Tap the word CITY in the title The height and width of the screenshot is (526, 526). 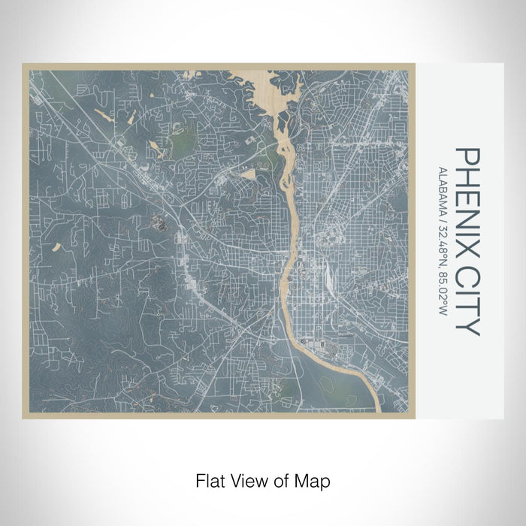467,301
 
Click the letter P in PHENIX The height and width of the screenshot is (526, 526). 467,156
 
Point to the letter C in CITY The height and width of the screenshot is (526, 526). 467,276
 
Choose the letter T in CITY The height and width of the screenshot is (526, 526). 467,310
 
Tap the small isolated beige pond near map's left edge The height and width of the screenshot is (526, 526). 55,246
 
